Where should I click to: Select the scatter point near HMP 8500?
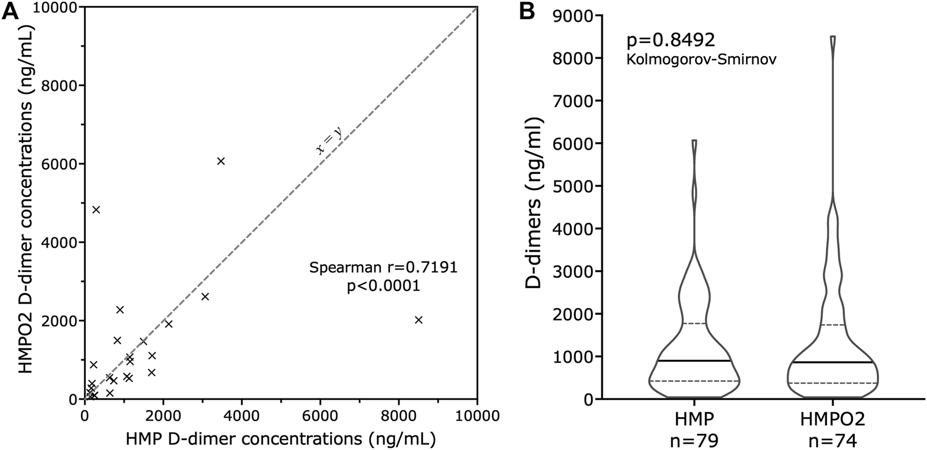click(419, 320)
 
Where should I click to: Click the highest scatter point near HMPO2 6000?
click(220, 161)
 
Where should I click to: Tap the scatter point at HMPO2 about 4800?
click(96, 209)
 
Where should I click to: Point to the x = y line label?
click(329, 141)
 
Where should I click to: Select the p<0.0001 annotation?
click(383, 286)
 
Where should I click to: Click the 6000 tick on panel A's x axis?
click(320, 414)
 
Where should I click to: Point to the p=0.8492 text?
click(671, 40)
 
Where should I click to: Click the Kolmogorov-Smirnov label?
click(701, 58)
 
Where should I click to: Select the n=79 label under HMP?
click(694, 441)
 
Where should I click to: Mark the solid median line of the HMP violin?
click(694, 361)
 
